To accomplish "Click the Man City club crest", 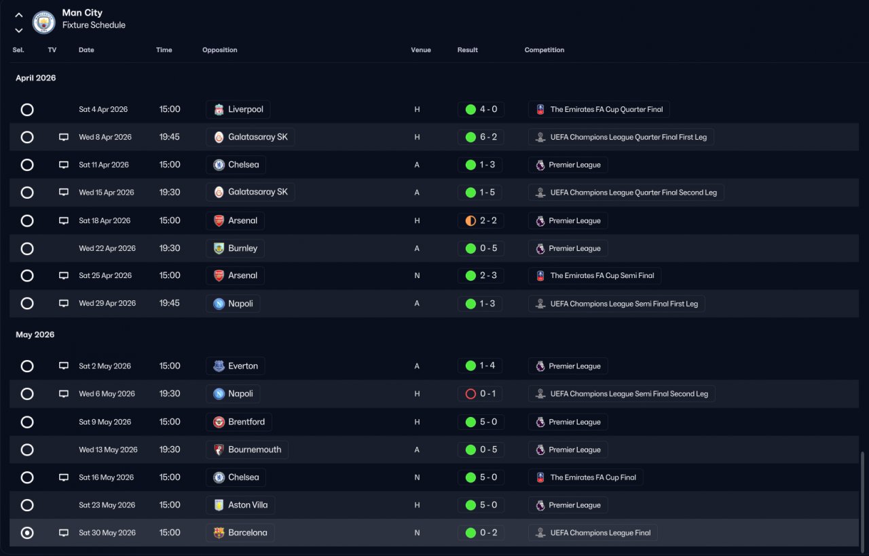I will tap(44, 22).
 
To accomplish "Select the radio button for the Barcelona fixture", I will tap(27, 533).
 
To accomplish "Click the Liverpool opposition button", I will tap(238, 110).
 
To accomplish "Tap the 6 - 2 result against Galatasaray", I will tap(481, 137).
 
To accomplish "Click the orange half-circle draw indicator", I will tap(470, 220).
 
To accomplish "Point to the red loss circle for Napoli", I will tap(470, 394).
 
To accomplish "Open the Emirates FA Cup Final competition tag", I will tap(585, 477).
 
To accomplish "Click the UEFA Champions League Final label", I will tap(593, 533).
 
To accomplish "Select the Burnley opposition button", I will tap(236, 248).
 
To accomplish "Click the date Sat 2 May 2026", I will tap(105, 366).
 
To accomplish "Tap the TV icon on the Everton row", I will tap(64, 366).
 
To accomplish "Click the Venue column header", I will tap(420, 50).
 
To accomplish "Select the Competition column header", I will tap(544, 50).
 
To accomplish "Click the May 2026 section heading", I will tap(35, 335).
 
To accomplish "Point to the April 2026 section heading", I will tap(36, 78).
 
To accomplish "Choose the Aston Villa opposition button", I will tap(240, 505).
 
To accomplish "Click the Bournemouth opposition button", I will tap(247, 450).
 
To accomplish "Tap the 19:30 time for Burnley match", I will tap(170, 248).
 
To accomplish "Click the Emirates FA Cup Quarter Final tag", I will tap(599, 110).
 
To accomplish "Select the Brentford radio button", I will tap(27, 422).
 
